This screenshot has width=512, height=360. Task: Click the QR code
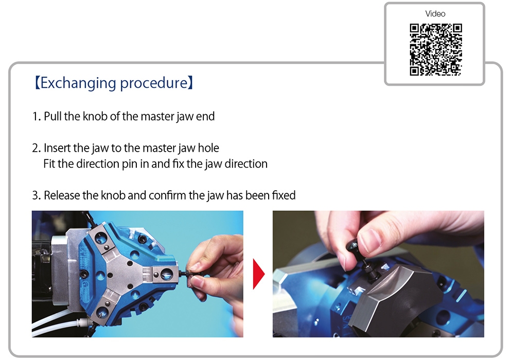pos(436,49)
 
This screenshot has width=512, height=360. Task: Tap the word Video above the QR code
pos(435,14)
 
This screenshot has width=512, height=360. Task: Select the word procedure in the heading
pos(154,83)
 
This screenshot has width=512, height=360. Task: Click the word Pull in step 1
pos(53,116)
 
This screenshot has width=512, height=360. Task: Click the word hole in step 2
pos(208,148)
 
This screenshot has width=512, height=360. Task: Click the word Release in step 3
pos(62,195)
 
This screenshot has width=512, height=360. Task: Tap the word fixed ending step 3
pos(284,195)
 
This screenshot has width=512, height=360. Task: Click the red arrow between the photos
pos(259,274)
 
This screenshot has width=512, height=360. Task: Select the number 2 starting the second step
pos(36,148)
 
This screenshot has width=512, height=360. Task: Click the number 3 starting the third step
pos(36,195)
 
